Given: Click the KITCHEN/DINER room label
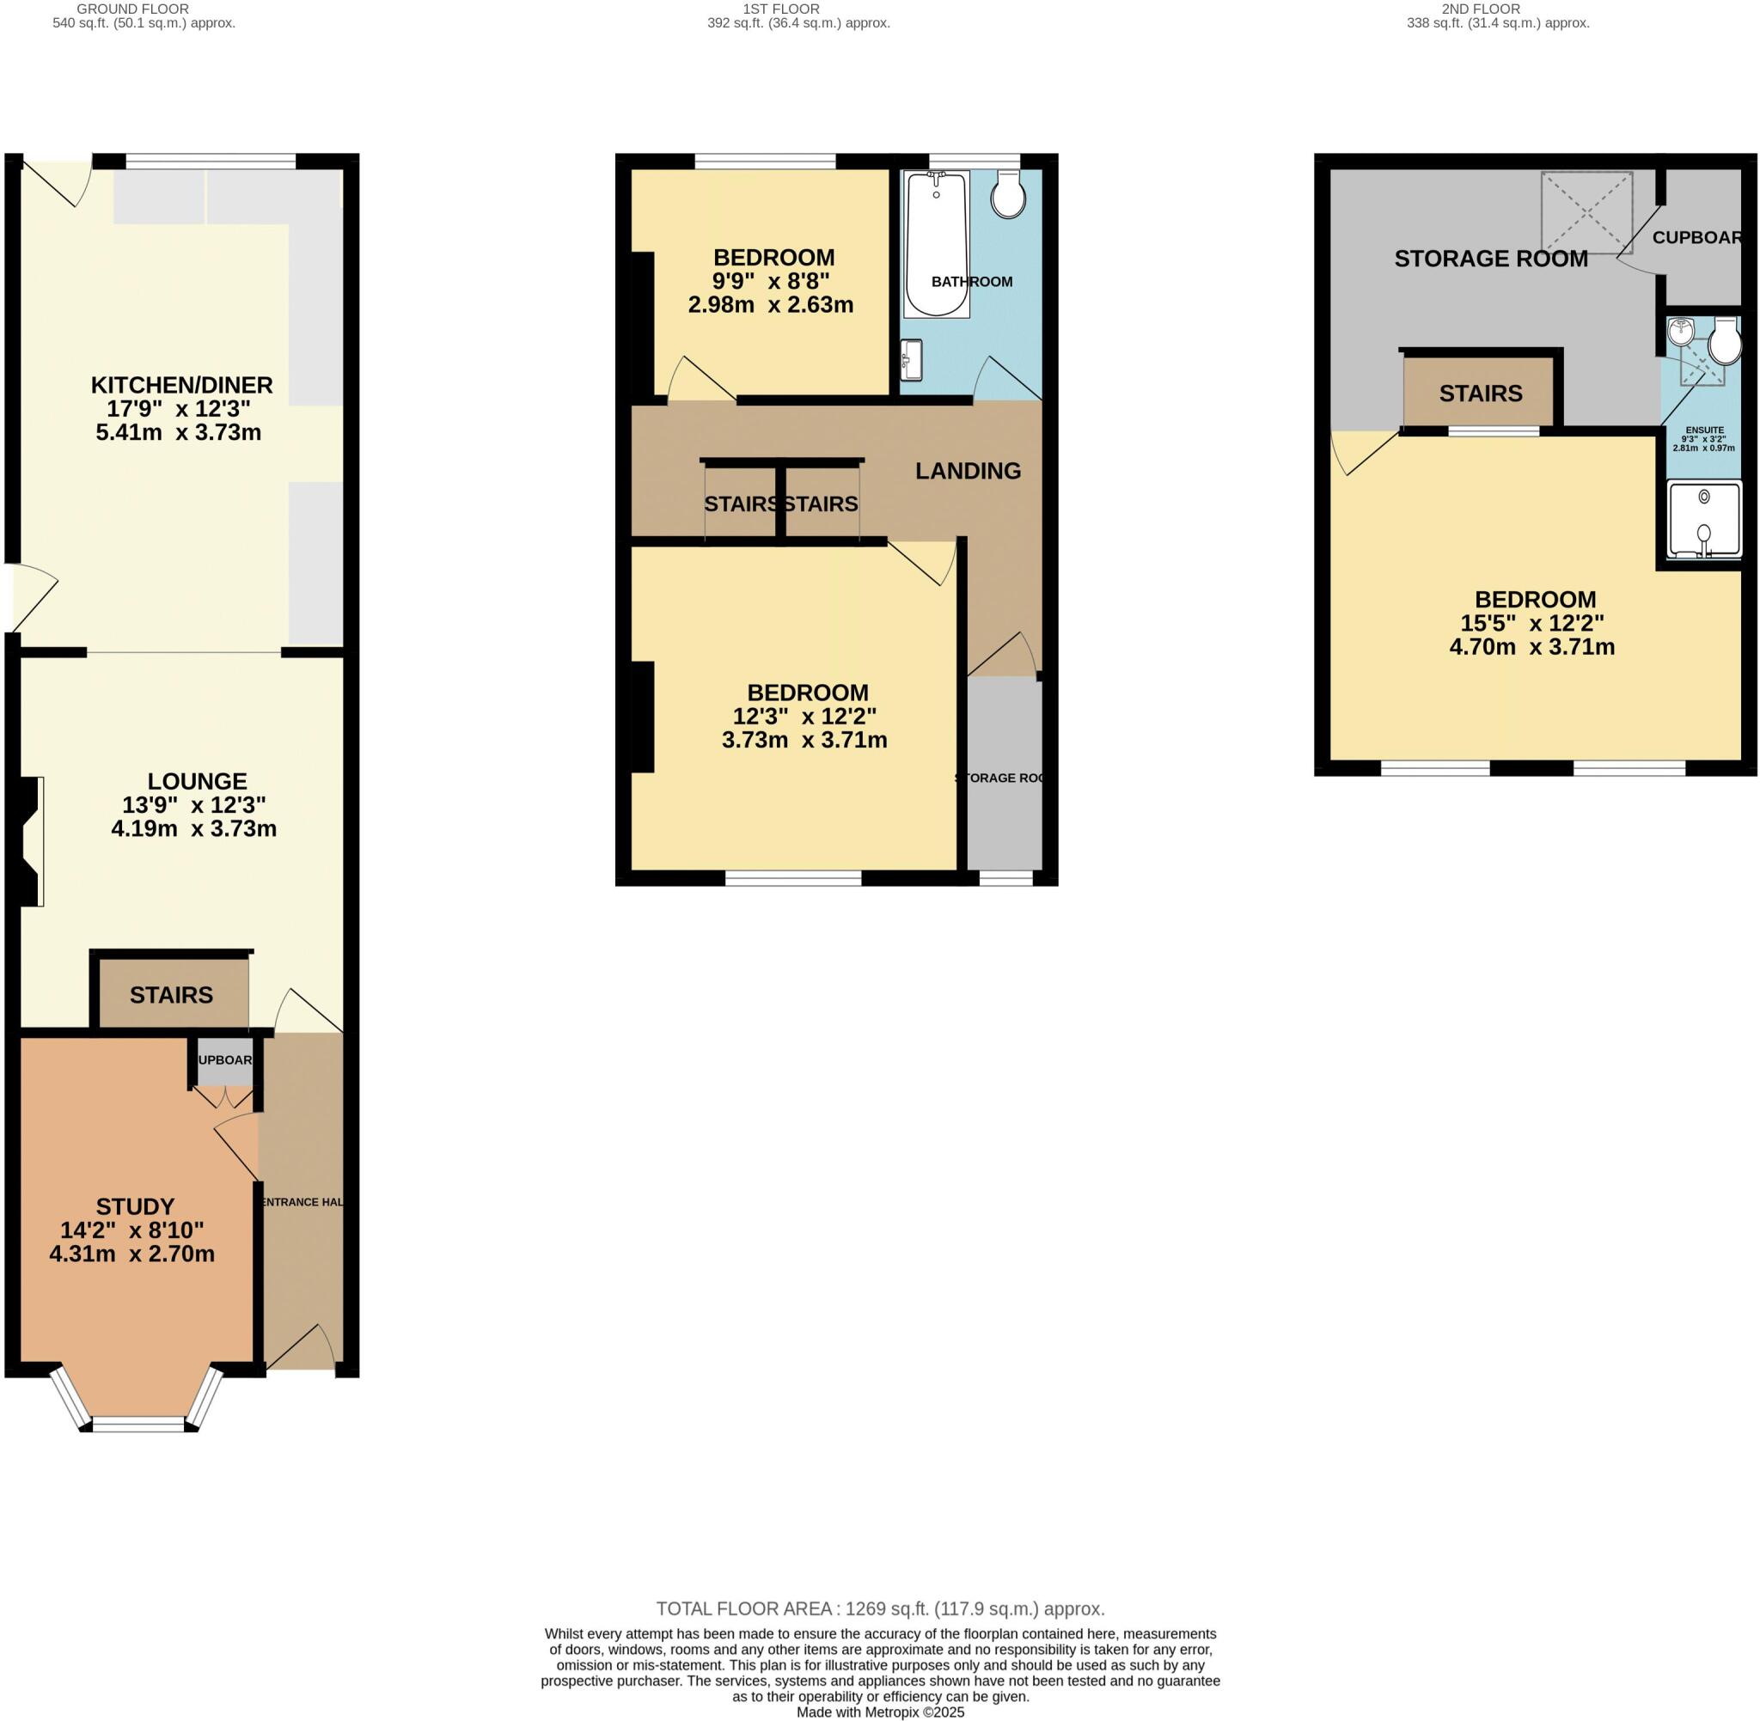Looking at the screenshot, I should pos(180,385).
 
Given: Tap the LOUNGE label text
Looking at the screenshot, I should pos(197,781).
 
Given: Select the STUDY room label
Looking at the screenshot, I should pos(135,1205).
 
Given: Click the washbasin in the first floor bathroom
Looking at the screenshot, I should pos(911,360).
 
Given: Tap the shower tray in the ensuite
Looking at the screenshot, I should pos(1703,521).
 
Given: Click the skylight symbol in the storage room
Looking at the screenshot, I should pos(1586,212).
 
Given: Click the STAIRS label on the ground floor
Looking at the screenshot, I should pos(171,994).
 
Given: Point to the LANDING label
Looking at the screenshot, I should pos(968,470).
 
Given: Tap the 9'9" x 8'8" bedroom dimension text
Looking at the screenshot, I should pos(770,281).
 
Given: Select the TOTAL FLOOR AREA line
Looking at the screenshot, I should pos(879,1609).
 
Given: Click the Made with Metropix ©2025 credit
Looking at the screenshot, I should pos(879,1712).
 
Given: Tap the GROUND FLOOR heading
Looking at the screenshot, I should pos(133,9).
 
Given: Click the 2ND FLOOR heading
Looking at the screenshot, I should pos(1498,9).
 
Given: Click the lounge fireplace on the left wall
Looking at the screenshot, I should pos(33,840).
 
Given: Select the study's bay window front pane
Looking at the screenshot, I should pos(137,1425).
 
